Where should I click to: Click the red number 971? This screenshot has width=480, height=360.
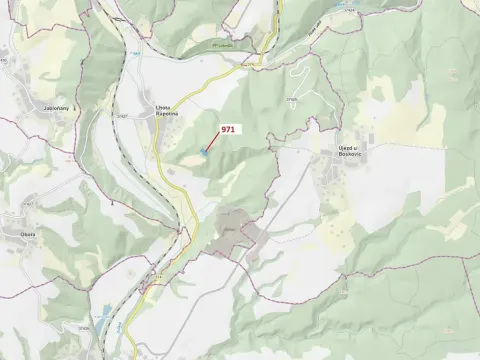coord(229,129)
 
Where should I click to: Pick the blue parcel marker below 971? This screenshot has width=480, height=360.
coord(203,152)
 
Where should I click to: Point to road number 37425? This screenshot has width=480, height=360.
coord(292,98)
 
